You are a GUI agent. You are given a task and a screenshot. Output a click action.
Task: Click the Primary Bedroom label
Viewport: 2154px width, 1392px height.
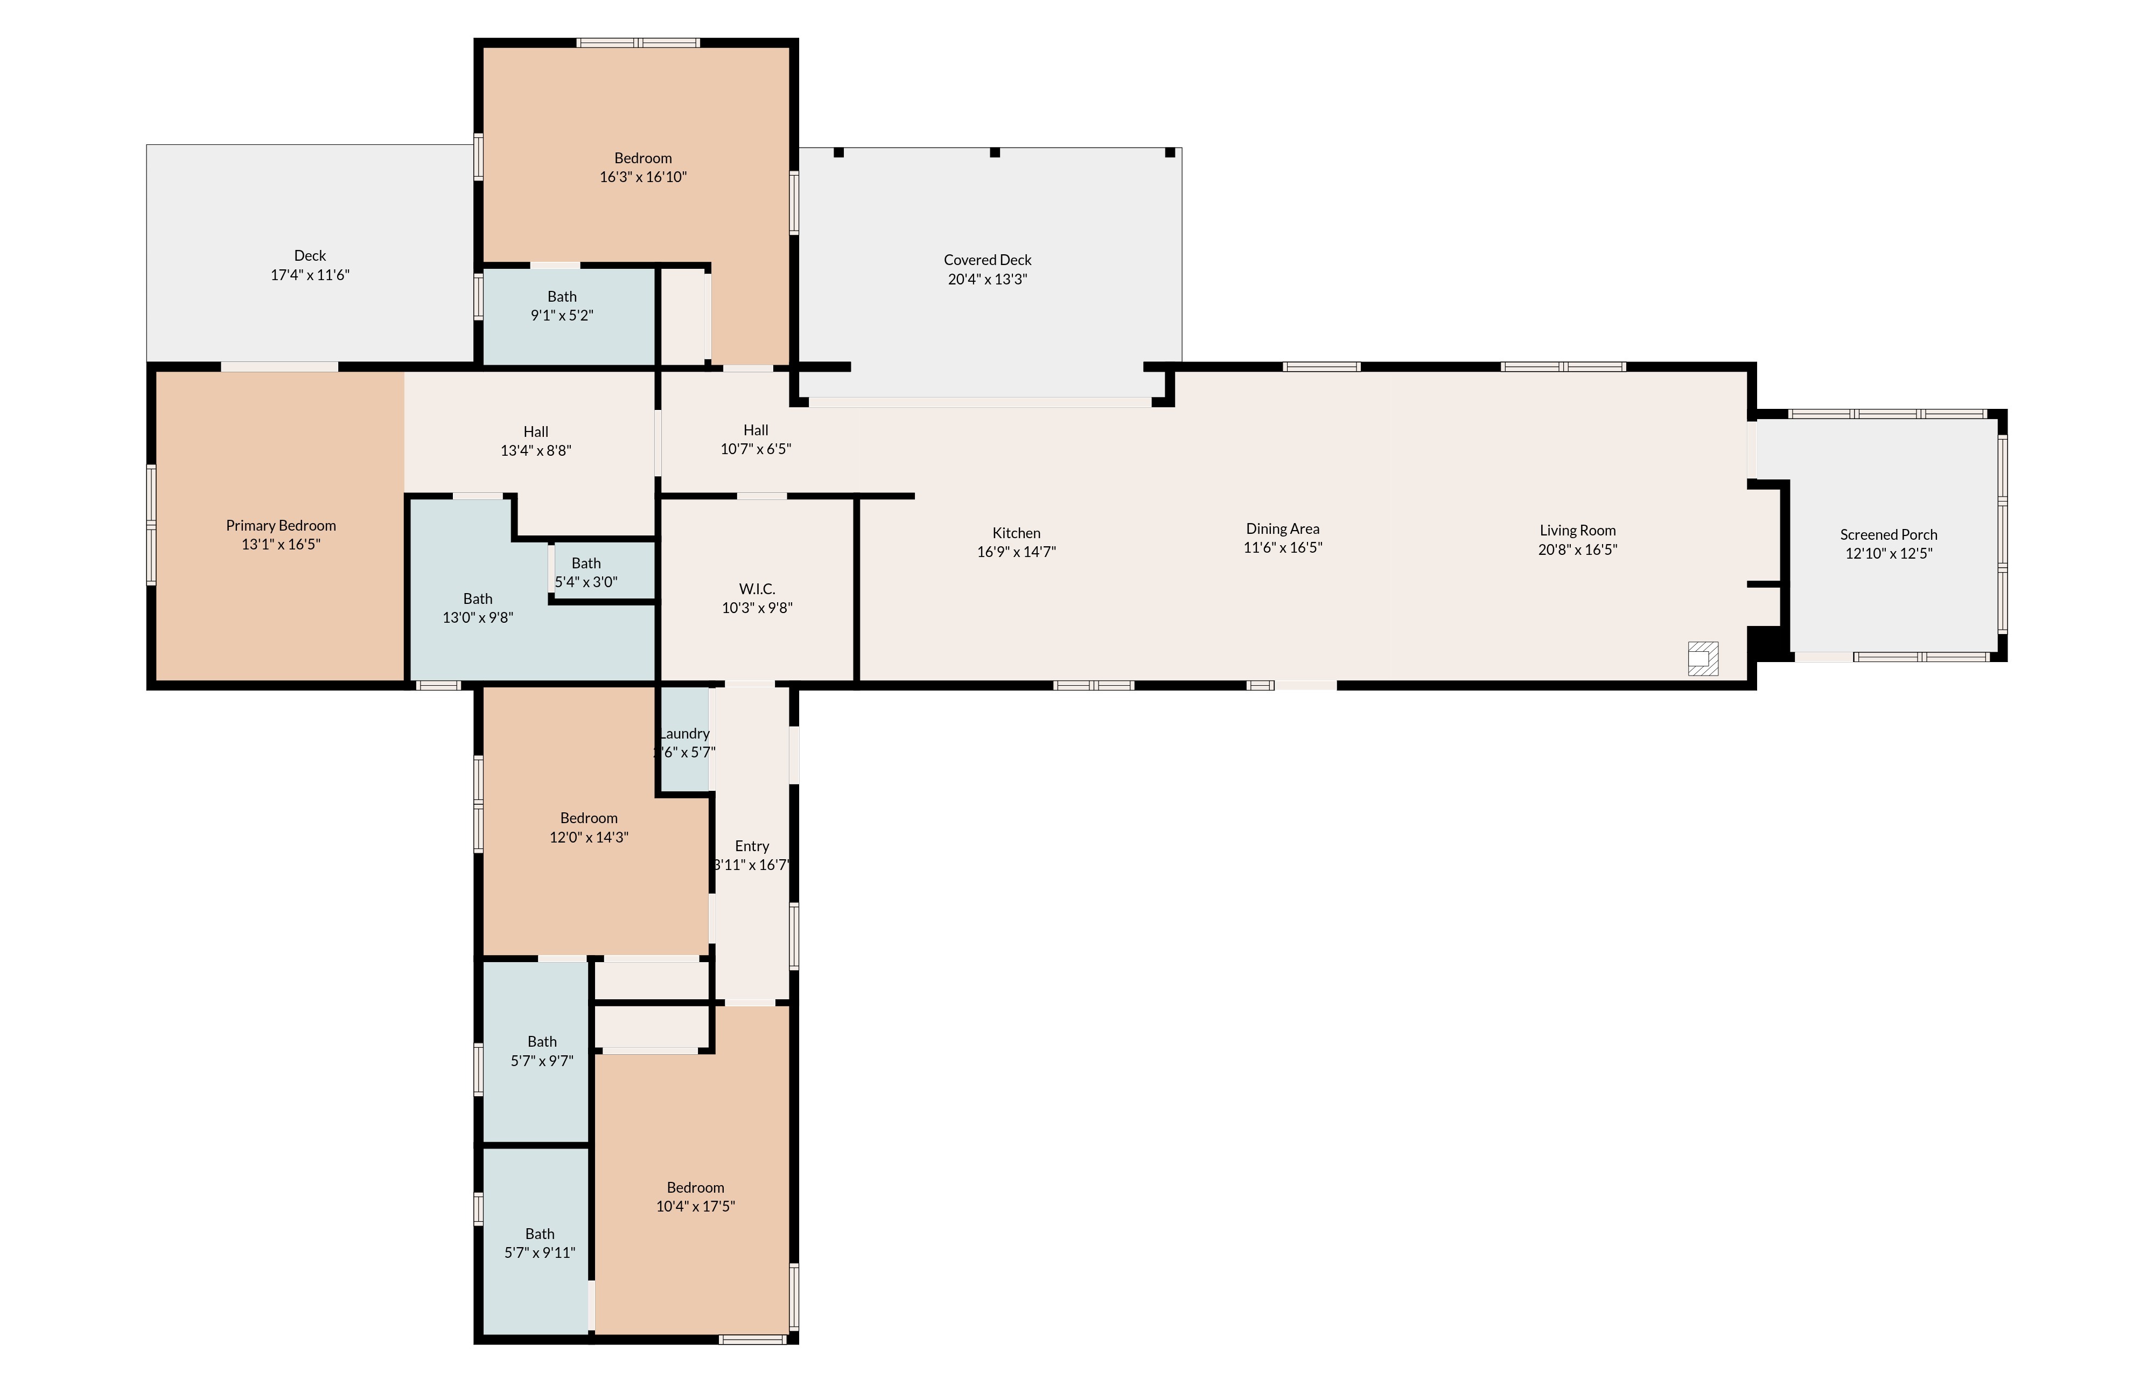pyautogui.click(x=281, y=525)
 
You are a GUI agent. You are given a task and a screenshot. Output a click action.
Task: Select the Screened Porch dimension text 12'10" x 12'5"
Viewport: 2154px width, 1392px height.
pyautogui.click(x=1889, y=553)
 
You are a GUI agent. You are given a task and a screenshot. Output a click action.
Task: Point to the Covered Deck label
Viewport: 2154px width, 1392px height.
pyautogui.click(x=988, y=260)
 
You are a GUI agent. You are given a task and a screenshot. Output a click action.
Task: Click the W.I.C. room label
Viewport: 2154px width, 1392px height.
pyautogui.click(x=757, y=588)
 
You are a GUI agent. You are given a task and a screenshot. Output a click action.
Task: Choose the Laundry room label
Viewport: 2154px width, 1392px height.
pyautogui.click(x=685, y=733)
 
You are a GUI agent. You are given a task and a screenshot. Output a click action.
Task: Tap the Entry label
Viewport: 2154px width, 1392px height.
pyautogui.click(x=752, y=846)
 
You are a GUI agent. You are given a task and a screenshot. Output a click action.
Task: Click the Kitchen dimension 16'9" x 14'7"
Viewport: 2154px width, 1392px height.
pyautogui.click(x=1017, y=552)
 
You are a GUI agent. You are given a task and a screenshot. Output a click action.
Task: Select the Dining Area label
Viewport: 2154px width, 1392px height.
pyautogui.click(x=1282, y=529)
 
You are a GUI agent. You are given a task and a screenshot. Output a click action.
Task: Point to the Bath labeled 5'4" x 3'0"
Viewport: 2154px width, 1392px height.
pyautogui.click(x=585, y=572)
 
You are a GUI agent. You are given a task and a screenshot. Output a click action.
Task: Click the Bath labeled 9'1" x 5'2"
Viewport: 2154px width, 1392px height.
pyautogui.click(x=562, y=305)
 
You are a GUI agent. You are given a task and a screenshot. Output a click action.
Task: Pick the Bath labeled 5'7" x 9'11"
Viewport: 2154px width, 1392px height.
pyautogui.click(x=540, y=1243)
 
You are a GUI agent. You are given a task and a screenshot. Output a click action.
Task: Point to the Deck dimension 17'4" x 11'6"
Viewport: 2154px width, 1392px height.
pyautogui.click(x=310, y=275)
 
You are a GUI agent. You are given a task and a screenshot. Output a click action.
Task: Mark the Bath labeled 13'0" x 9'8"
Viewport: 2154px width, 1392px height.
pyautogui.click(x=478, y=608)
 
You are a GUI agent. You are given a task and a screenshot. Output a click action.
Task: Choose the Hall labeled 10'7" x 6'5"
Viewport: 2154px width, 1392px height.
pyautogui.click(x=756, y=439)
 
